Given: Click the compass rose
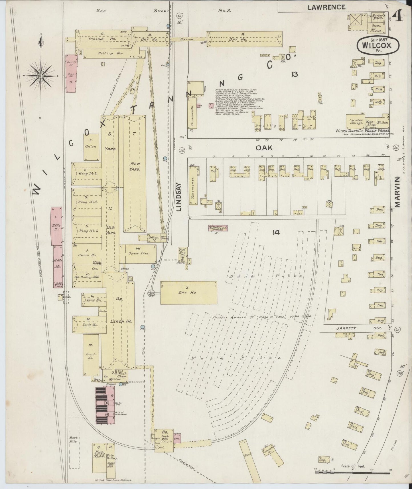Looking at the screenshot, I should [x=40, y=76].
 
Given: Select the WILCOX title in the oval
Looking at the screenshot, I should [x=378, y=45].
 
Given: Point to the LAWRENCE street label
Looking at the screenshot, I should [x=326, y=7].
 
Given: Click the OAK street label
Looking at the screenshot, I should [x=264, y=148].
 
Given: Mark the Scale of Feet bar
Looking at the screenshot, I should [x=352, y=471].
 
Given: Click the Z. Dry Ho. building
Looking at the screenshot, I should [x=188, y=293].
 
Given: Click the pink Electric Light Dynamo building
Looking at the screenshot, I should [x=218, y=228].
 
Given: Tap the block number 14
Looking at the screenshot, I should [x=275, y=233].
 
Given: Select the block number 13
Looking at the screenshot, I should [x=295, y=74].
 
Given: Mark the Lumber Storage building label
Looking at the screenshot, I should [x=356, y=122].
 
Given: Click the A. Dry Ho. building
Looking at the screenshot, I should [x=245, y=39].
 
